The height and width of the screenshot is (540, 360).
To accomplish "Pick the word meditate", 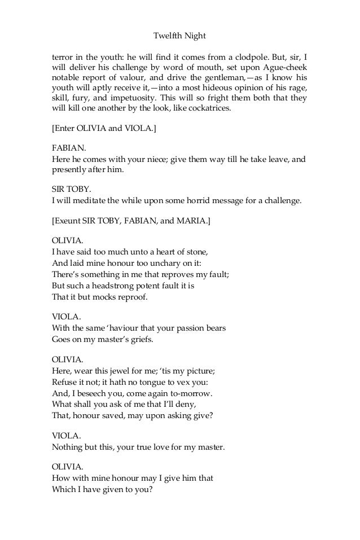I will click(x=87, y=199).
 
